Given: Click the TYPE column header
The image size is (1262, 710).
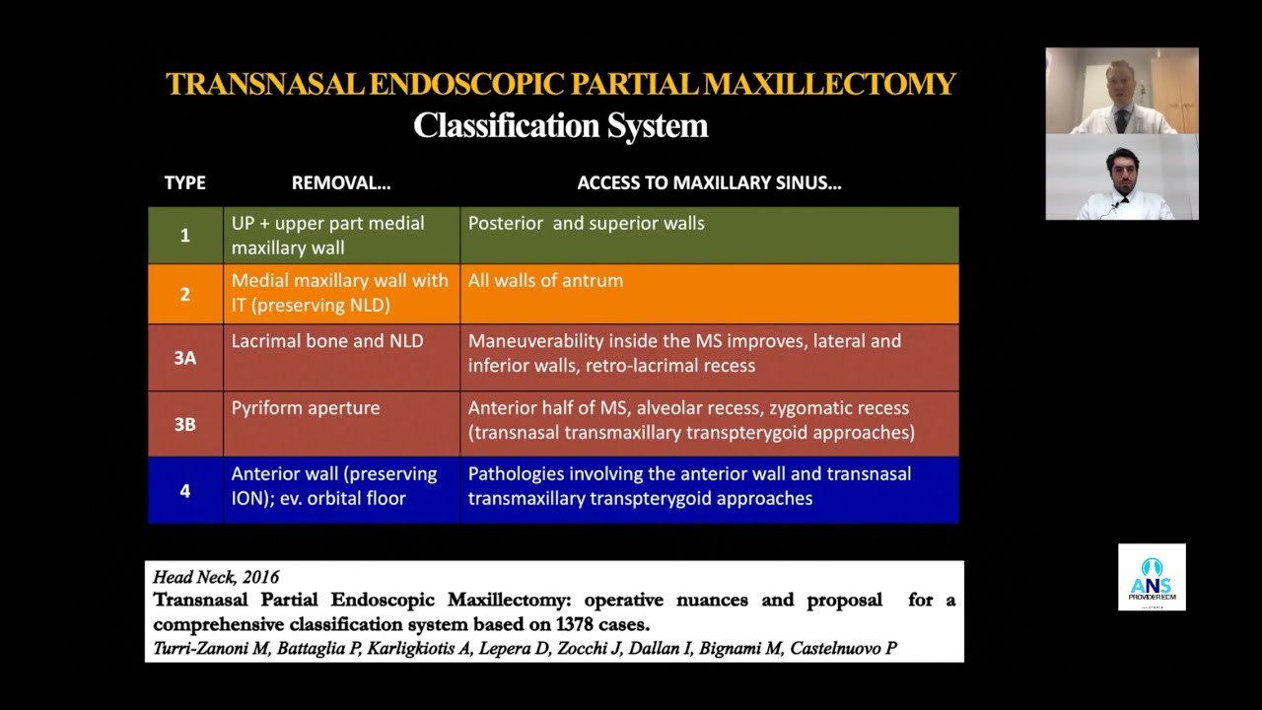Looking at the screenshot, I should [184, 182].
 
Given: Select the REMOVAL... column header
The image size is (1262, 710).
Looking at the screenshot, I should [341, 182].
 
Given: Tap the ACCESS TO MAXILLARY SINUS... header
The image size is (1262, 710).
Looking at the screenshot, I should [709, 182].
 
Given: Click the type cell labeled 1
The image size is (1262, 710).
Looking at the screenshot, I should [184, 236].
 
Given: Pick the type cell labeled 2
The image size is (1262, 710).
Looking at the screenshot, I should [184, 294].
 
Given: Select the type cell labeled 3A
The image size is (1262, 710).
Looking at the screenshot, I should [184, 358].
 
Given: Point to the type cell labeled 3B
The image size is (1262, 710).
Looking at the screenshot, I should [184, 424].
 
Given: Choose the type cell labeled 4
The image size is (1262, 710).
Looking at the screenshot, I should [184, 490].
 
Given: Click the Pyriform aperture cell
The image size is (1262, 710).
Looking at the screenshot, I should [306, 408].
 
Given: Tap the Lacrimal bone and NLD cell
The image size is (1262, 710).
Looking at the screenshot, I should [327, 341].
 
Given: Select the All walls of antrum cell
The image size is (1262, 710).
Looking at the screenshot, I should [545, 281].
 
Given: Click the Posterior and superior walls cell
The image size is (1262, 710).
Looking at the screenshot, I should [586, 224].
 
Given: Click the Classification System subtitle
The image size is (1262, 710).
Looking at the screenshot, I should [560, 125].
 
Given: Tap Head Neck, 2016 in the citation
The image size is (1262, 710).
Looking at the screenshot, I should [216, 578].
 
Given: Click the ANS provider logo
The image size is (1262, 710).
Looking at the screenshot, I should [1152, 577].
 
